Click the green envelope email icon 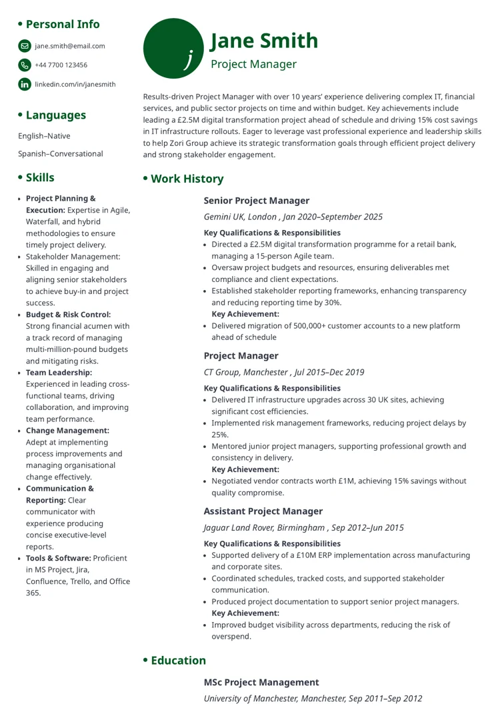[x=25, y=46]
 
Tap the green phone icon [x=25, y=65]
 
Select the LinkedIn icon [x=25, y=84]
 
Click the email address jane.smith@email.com [x=70, y=46]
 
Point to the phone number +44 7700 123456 [x=61, y=65]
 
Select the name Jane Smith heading [x=264, y=41]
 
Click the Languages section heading [x=55, y=115]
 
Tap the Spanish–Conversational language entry [x=61, y=154]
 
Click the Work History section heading [x=187, y=179]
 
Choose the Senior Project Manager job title [x=257, y=201]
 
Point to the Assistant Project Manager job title [x=263, y=511]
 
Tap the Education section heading [x=178, y=661]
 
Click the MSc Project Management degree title [x=261, y=683]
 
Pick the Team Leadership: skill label [x=59, y=373]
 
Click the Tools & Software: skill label [x=58, y=558]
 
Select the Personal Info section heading [x=62, y=24]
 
